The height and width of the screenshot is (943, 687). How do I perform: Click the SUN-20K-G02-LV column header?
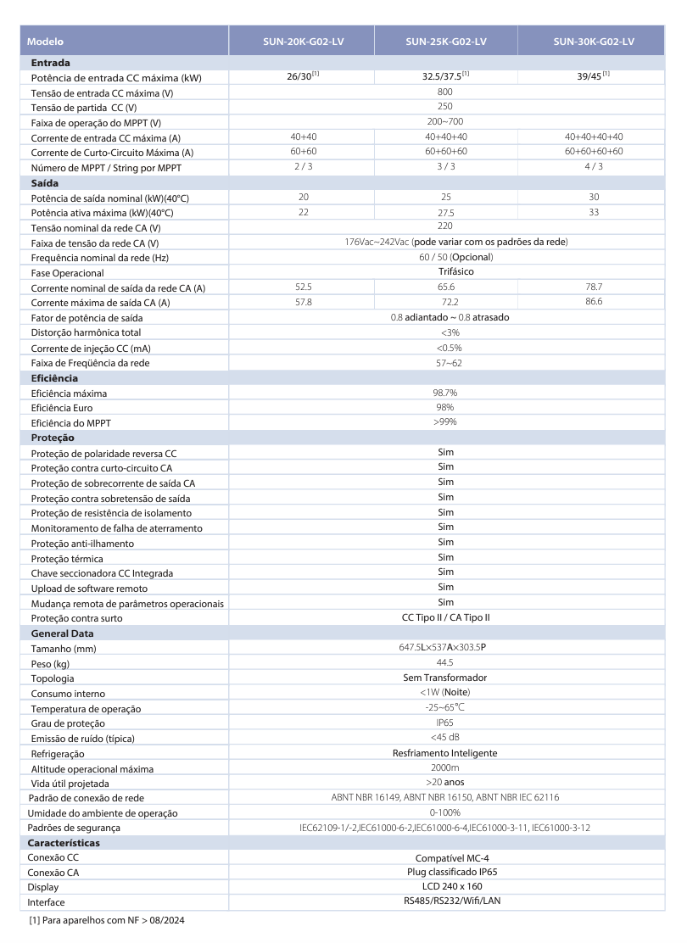[303, 41]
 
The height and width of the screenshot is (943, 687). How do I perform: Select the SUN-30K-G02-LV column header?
[594, 41]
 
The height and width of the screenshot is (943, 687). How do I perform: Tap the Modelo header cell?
[46, 42]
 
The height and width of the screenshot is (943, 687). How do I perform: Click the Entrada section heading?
[50, 63]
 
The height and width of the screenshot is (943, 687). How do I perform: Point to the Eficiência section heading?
[54, 378]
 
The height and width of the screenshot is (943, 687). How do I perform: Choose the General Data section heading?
[62, 633]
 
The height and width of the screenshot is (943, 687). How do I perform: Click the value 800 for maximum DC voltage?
[445, 92]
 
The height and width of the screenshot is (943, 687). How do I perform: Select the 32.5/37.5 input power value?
[445, 77]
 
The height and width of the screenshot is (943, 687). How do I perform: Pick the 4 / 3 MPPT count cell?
[593, 167]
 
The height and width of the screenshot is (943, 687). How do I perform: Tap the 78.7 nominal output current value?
[593, 287]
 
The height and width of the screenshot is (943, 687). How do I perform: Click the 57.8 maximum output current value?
[303, 302]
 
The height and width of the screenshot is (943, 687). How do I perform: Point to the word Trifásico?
[445, 272]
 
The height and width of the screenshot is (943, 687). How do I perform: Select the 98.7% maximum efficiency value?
[445, 393]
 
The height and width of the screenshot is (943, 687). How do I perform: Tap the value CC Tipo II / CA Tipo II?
[445, 618]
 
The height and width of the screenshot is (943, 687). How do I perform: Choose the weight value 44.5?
[445, 663]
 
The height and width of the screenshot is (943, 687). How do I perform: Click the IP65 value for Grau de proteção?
[445, 723]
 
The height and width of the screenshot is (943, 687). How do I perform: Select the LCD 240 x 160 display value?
[445, 887]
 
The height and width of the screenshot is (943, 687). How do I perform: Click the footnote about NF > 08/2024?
[106, 920]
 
